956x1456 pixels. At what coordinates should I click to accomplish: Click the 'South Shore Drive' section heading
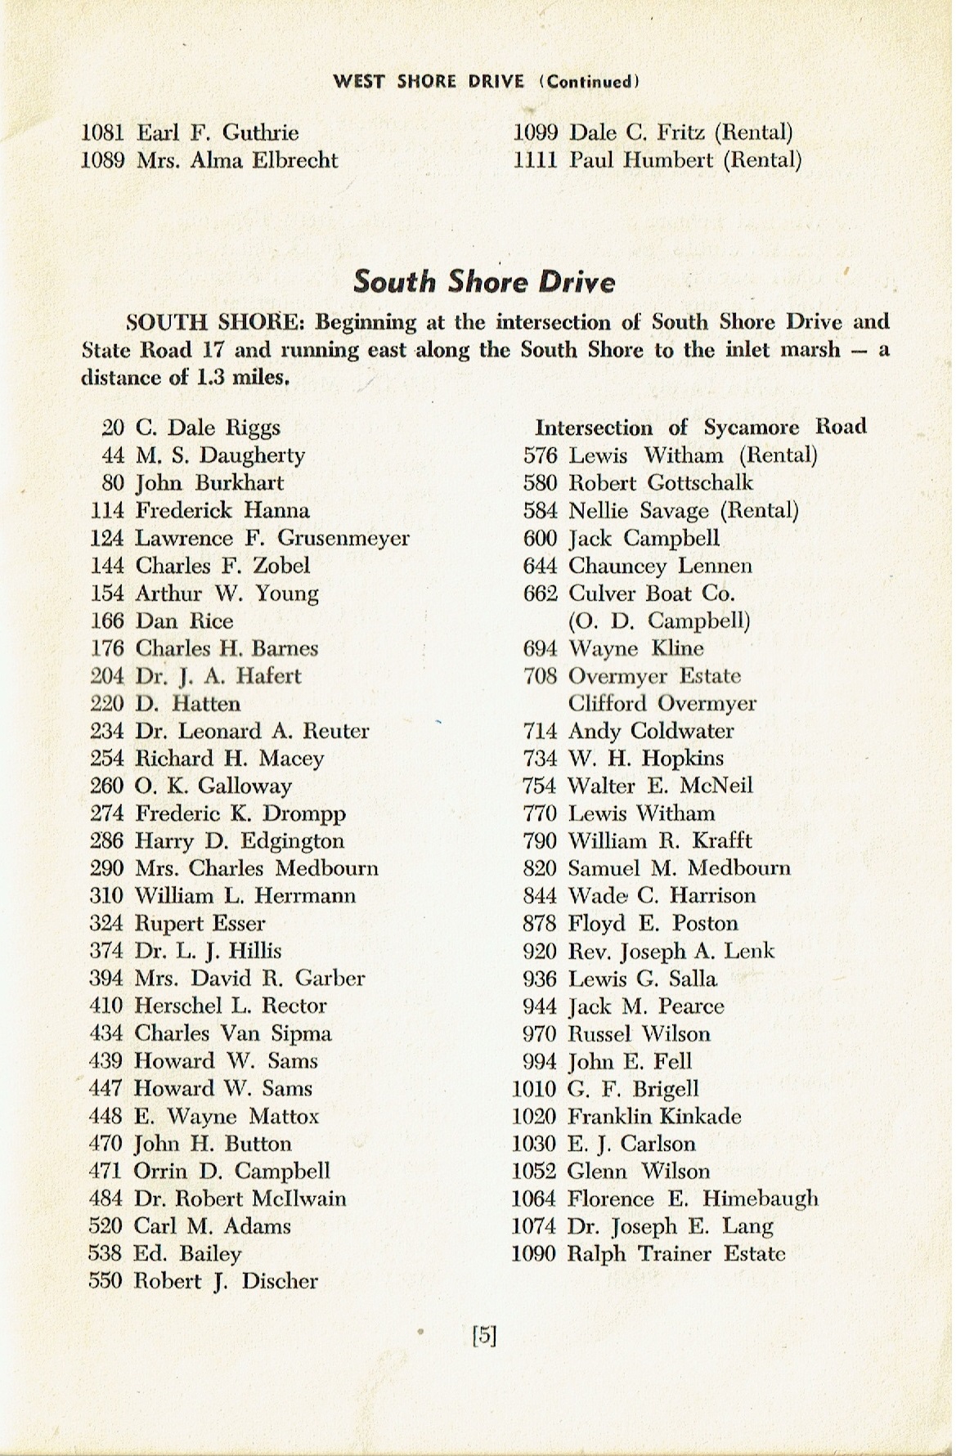(x=483, y=282)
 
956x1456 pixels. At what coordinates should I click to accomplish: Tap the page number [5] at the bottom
(x=484, y=1335)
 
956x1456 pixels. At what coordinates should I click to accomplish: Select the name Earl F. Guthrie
(x=218, y=132)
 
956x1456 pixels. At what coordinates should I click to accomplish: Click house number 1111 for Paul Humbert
(x=535, y=160)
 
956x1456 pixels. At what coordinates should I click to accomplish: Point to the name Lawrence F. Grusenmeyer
(x=272, y=538)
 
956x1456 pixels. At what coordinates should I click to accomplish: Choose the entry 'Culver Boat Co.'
(x=652, y=594)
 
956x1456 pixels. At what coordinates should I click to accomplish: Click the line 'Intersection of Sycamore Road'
(x=700, y=427)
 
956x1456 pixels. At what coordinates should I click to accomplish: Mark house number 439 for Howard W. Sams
(x=106, y=1061)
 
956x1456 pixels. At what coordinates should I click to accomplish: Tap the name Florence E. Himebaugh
(x=693, y=1198)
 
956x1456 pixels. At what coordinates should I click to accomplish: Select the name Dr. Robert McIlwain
(x=240, y=1198)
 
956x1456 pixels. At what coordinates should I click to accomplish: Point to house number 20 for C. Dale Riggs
(x=112, y=428)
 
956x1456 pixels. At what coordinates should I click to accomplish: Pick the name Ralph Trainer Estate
(x=676, y=1253)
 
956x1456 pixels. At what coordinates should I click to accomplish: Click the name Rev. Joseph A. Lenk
(x=671, y=951)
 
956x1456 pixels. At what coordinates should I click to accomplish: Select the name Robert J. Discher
(x=226, y=1281)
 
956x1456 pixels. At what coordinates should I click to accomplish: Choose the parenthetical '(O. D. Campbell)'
(x=659, y=620)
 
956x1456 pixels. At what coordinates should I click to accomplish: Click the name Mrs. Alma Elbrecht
(x=237, y=160)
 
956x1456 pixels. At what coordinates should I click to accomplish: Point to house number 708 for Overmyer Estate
(x=540, y=676)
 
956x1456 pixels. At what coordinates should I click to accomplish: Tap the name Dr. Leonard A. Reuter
(x=252, y=731)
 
